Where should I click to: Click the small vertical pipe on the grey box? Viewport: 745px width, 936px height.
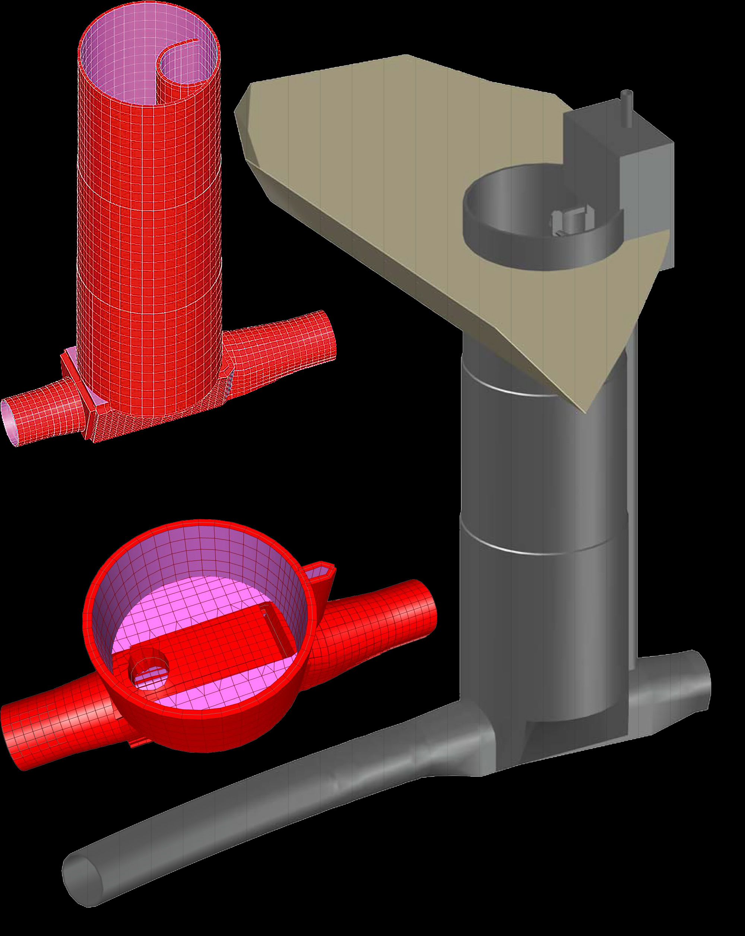(627, 108)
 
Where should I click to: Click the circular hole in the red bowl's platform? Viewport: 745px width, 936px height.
(149, 672)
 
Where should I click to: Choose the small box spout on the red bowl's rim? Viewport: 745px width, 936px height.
(322, 572)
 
